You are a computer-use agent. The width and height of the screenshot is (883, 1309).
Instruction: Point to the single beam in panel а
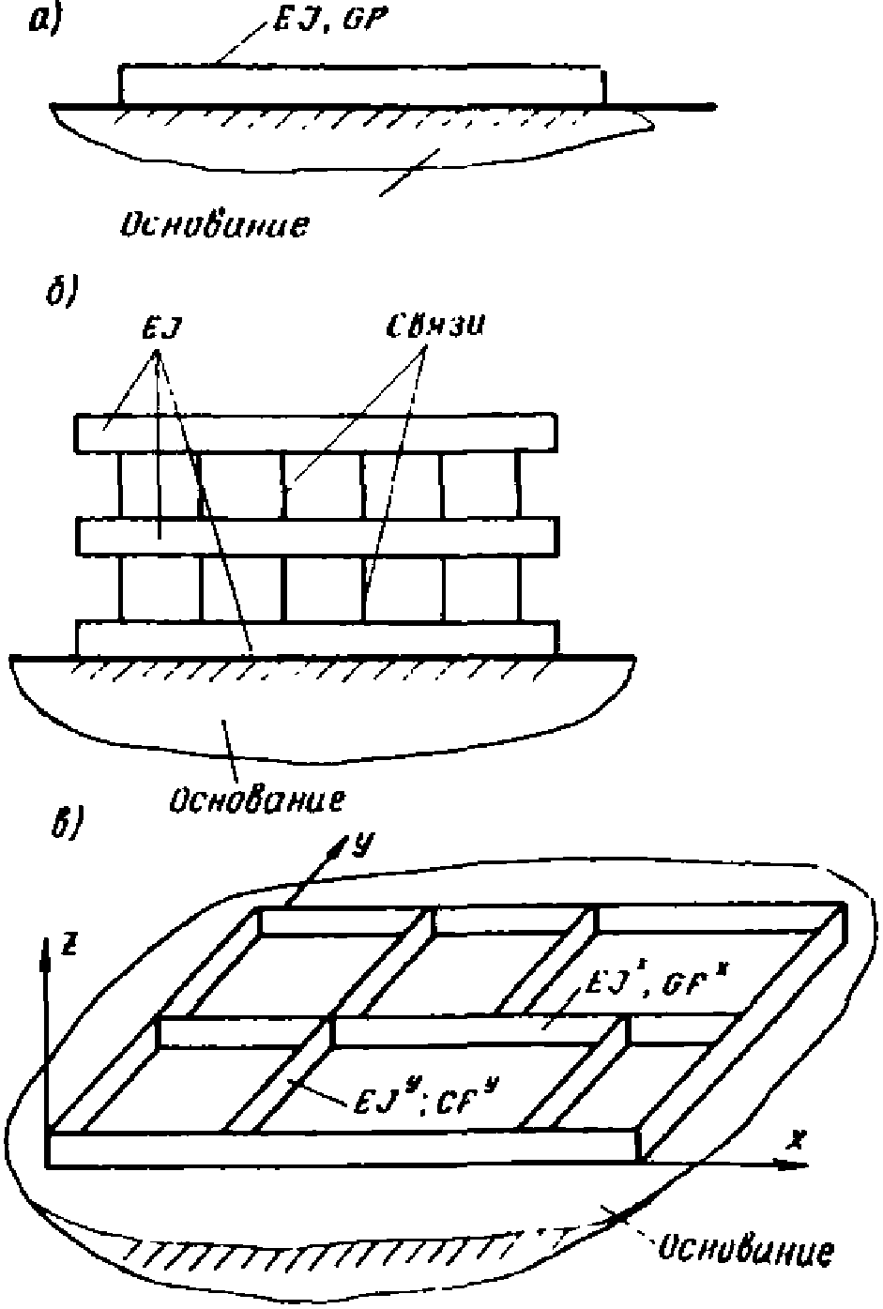pos(361,84)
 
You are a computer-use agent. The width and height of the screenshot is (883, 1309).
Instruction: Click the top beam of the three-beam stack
pos(316,434)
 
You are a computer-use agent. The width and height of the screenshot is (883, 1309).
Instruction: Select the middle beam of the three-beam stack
pos(316,536)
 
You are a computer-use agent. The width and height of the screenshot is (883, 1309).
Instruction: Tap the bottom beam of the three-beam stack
pos(316,637)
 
